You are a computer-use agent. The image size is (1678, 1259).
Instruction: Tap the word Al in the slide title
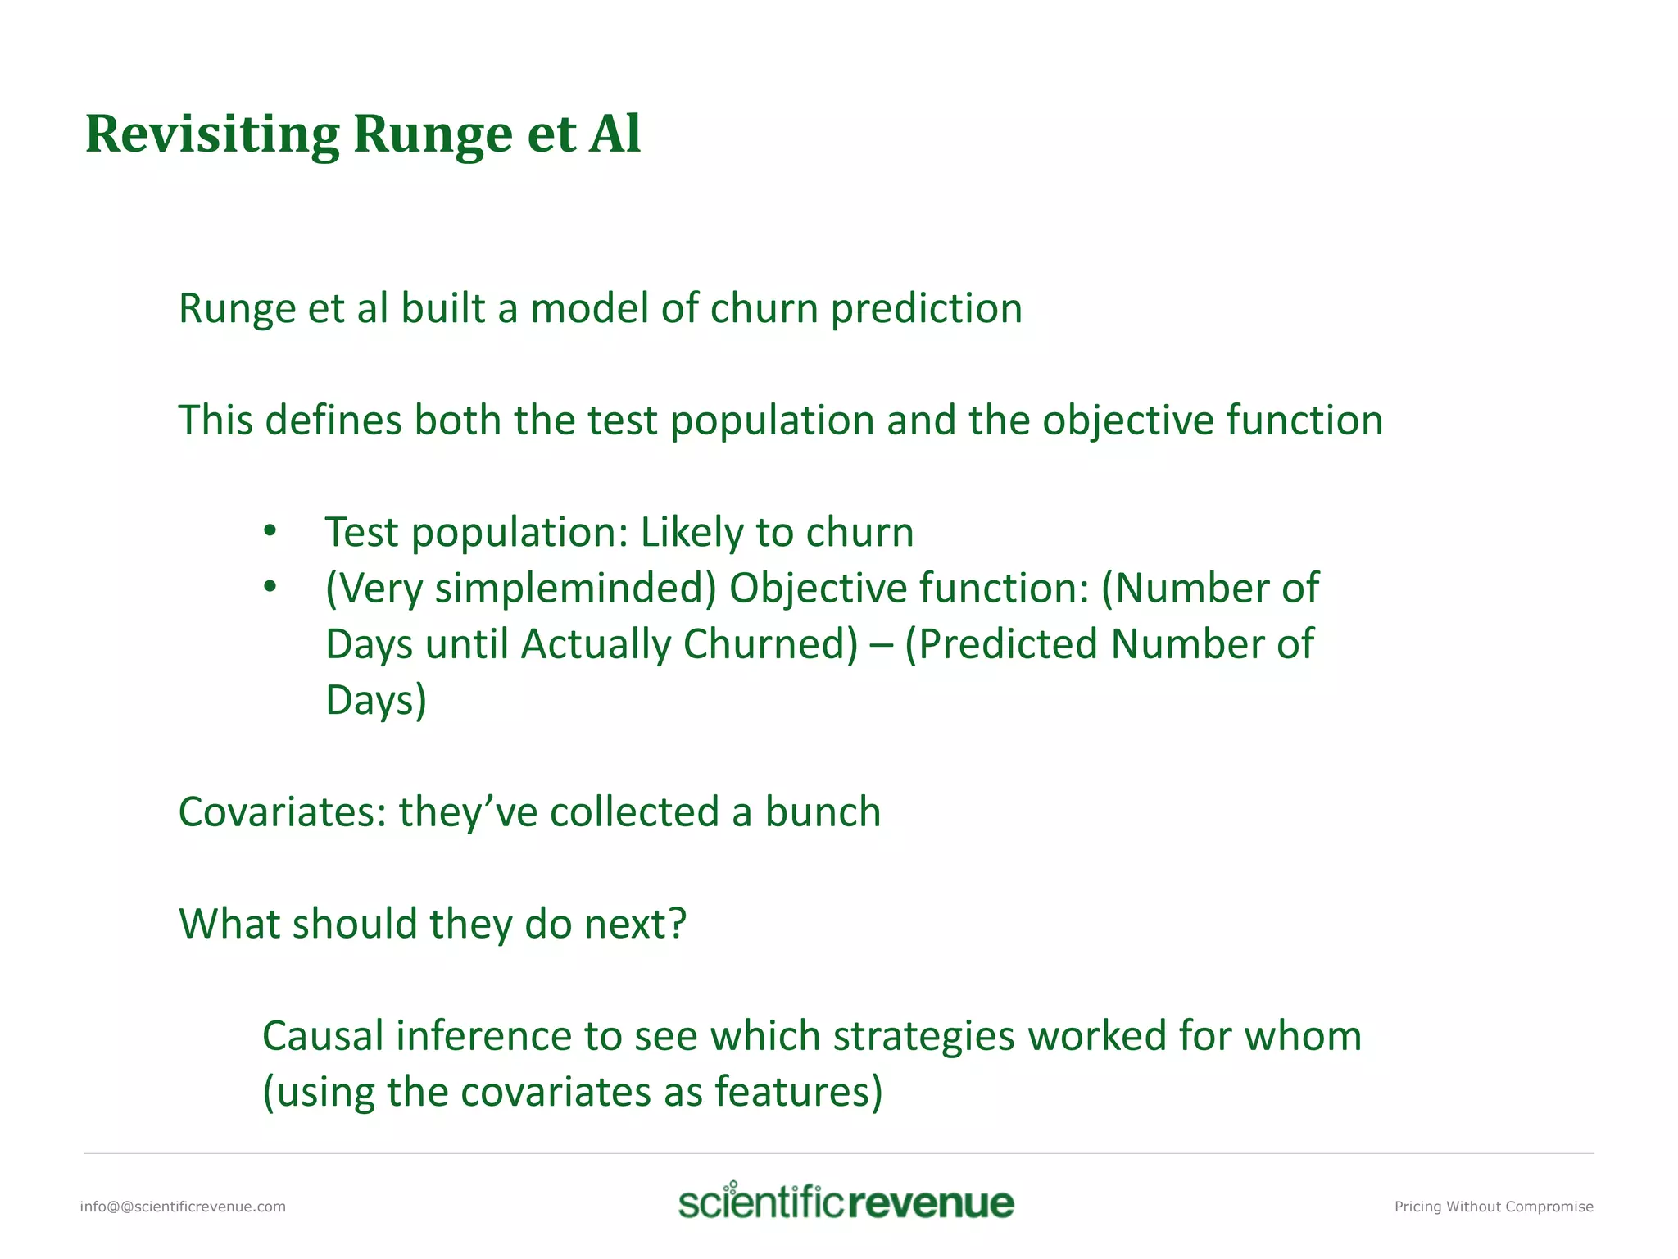615,134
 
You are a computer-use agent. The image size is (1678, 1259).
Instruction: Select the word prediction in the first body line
926,309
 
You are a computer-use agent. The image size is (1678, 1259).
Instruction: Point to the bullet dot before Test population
270,532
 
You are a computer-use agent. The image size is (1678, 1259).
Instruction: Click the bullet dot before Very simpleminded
270,588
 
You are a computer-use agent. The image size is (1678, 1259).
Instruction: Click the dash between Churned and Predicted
882,644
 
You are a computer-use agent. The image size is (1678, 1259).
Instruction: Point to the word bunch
823,812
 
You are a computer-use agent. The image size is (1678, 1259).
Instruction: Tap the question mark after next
678,924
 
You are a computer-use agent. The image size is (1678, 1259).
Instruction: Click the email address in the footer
183,1207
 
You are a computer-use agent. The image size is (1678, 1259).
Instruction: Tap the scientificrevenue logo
846,1202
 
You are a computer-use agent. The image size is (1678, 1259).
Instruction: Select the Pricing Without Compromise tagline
1494,1207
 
